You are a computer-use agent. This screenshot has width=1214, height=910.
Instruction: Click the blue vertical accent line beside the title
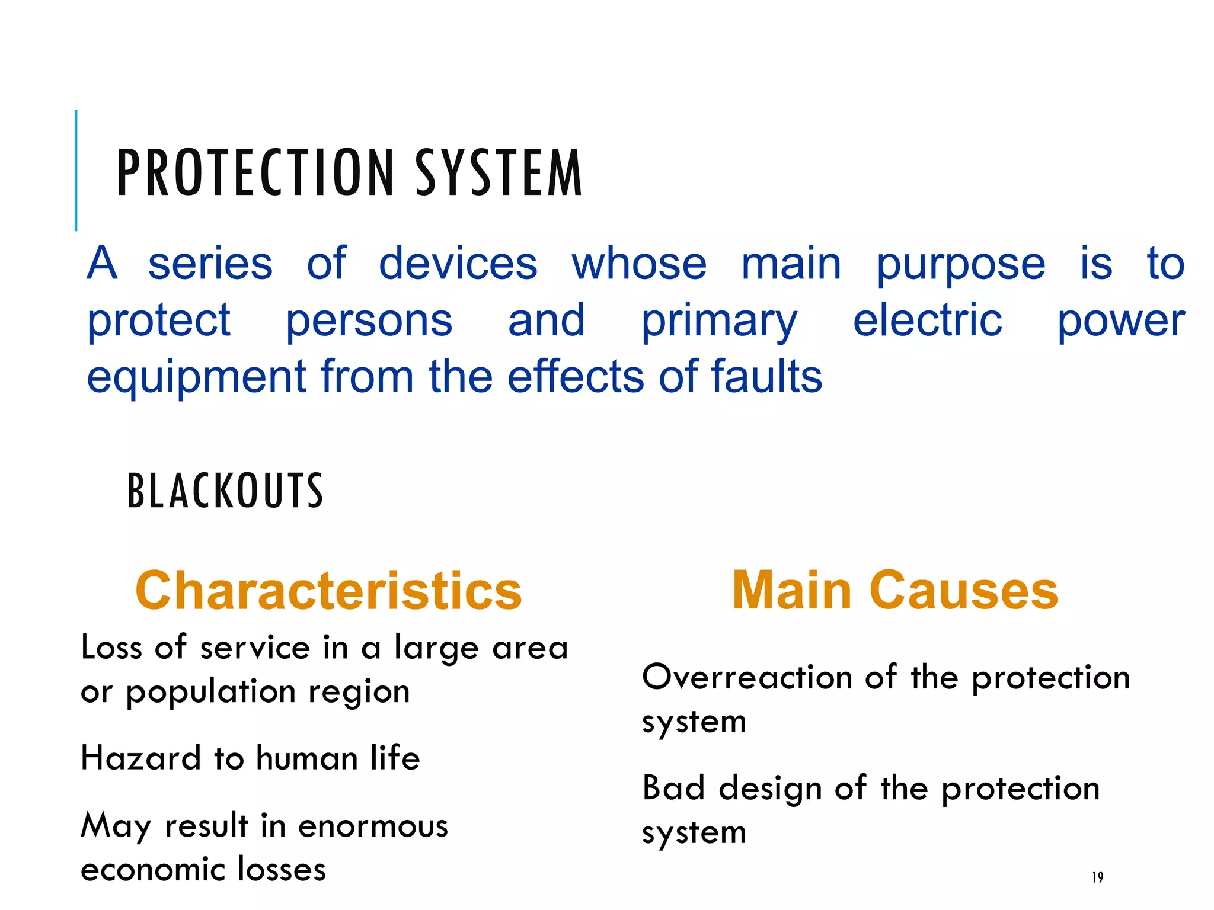click(76, 170)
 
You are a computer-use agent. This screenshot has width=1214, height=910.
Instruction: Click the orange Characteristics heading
click(328, 590)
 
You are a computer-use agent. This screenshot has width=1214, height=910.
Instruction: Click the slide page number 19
click(1097, 877)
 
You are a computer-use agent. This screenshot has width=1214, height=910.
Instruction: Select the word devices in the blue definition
click(458, 263)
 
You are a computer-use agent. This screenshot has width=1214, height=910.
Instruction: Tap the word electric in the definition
click(927, 320)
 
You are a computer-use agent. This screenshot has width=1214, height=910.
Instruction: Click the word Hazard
click(141, 758)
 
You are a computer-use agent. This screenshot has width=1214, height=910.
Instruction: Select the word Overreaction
click(747, 677)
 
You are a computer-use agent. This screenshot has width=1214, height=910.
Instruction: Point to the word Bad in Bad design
click(673, 788)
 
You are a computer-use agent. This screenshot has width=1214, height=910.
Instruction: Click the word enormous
click(373, 826)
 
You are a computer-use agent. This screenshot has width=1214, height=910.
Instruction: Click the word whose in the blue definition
click(639, 263)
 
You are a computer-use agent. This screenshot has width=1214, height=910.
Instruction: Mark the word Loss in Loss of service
click(111, 647)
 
